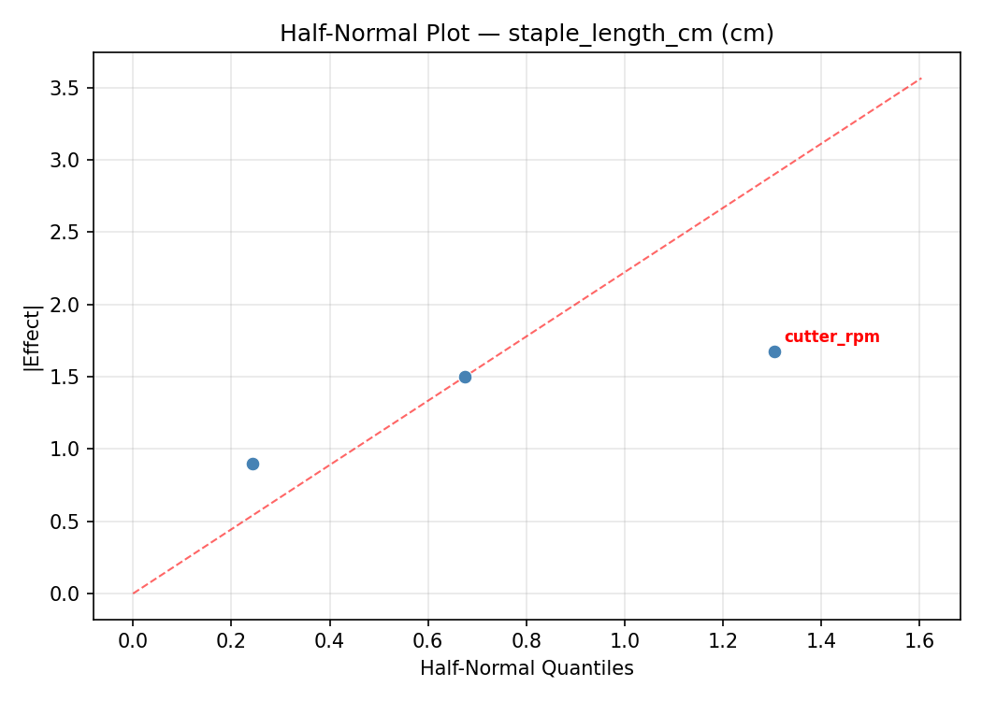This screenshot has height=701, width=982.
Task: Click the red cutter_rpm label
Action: (x=831, y=337)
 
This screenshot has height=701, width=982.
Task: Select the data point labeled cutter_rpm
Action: (x=774, y=351)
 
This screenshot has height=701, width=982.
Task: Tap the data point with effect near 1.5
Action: (x=465, y=377)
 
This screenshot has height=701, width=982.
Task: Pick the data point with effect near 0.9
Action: (x=253, y=464)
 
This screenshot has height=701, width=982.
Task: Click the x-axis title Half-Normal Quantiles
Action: (x=527, y=668)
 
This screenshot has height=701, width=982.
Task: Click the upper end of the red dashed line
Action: (x=921, y=78)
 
